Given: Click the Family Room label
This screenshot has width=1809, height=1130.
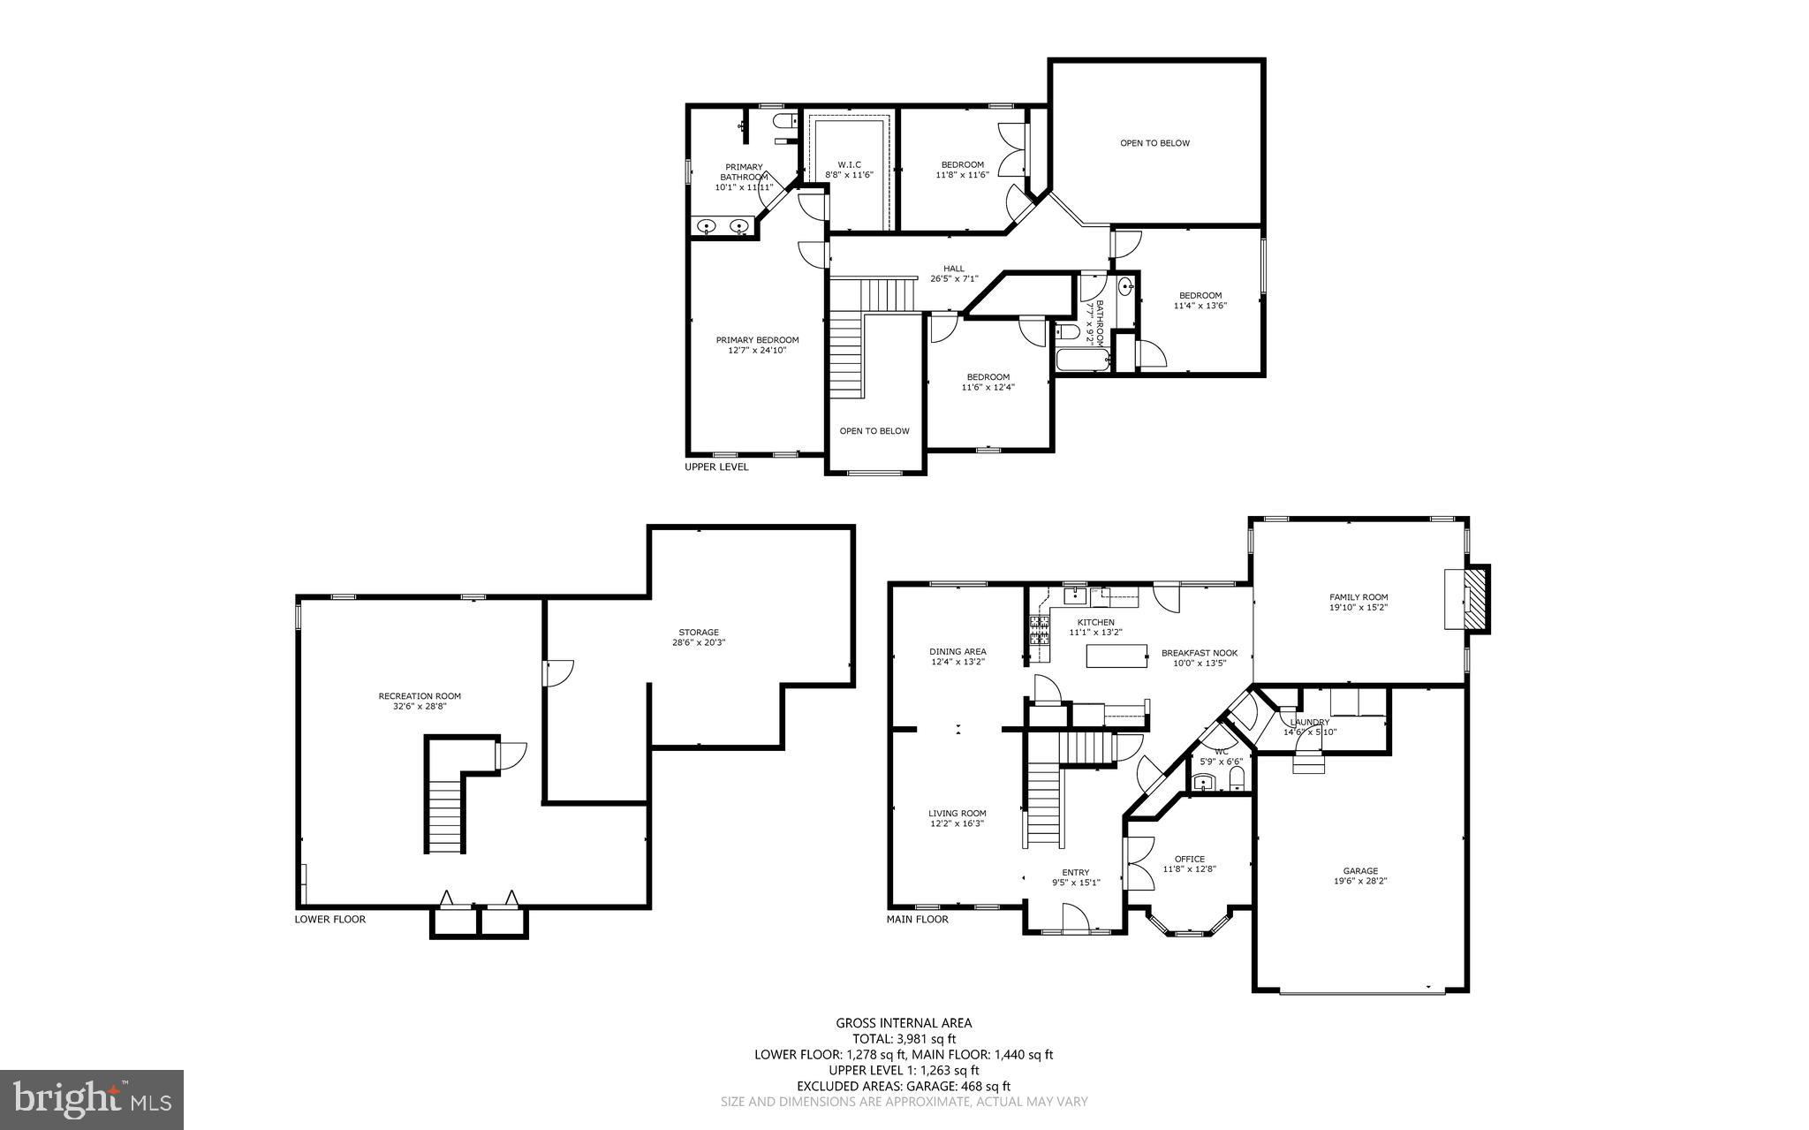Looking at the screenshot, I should (x=1359, y=597).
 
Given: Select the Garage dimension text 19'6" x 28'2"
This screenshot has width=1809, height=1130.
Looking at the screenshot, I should (x=1360, y=881).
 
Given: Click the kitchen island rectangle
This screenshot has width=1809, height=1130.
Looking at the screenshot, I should (x=1116, y=656).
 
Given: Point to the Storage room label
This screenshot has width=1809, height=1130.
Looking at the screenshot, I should (x=698, y=632).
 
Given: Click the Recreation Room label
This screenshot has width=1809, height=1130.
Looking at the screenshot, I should (x=420, y=696).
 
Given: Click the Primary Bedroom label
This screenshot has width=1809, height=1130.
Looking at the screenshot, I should (x=757, y=340).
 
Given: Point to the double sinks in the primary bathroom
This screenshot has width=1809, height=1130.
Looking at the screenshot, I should (x=723, y=227).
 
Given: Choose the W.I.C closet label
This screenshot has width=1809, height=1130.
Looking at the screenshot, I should (x=849, y=164).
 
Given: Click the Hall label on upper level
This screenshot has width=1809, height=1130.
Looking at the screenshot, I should (x=954, y=269).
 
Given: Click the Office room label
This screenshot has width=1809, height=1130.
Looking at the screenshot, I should (x=1189, y=859).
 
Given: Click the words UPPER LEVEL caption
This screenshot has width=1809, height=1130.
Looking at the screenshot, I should (x=716, y=466).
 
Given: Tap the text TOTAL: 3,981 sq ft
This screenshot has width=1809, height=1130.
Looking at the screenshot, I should (x=904, y=1039).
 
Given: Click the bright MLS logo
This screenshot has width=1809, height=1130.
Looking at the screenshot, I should (x=92, y=1099).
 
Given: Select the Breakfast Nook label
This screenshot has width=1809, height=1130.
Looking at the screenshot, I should (x=1199, y=653).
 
